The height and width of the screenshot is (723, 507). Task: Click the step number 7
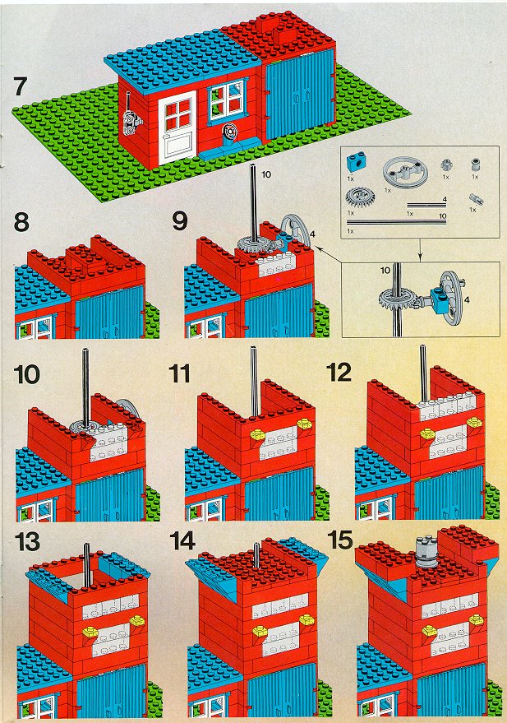click(21, 86)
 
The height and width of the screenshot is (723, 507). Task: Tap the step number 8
click(21, 222)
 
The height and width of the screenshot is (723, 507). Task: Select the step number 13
click(28, 541)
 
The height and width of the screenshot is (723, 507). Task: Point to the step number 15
click(339, 540)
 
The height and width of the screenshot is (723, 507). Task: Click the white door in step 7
click(177, 127)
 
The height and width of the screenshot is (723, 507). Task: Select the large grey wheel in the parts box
click(405, 172)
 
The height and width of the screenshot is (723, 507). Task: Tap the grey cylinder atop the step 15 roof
click(426, 550)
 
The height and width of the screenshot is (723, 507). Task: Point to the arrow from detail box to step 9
click(329, 255)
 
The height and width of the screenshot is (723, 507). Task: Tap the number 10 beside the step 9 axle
click(266, 174)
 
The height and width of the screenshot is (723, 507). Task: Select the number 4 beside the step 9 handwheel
click(312, 234)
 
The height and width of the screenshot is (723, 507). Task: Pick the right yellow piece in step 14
click(307, 620)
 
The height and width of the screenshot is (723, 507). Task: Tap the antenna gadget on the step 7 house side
click(131, 118)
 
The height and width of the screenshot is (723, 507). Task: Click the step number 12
click(339, 373)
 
